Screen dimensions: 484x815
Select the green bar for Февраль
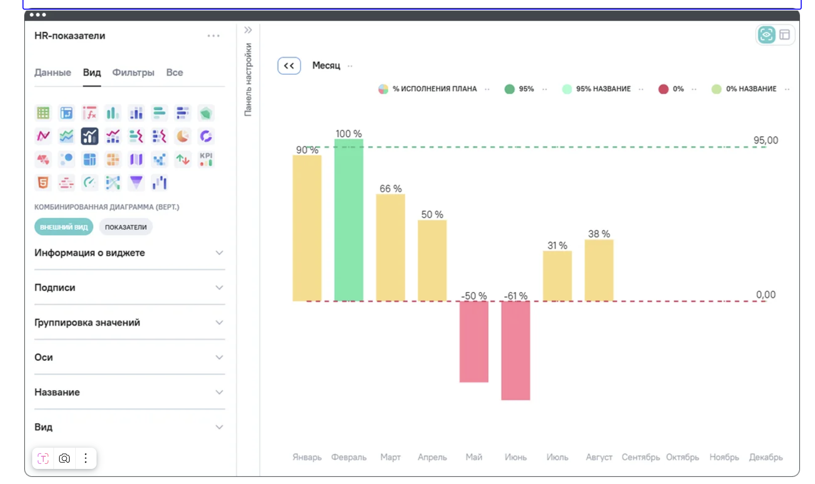click(349, 220)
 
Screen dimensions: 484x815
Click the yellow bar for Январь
click(307, 228)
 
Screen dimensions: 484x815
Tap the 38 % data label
click(599, 234)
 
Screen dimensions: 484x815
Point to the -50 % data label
click(474, 296)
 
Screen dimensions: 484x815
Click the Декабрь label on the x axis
click(765, 457)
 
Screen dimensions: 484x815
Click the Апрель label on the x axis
click(432, 457)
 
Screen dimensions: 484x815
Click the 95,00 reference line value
click(765, 140)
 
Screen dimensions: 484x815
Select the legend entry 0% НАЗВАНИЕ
click(751, 89)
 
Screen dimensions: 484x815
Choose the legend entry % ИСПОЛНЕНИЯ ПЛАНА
click(434, 89)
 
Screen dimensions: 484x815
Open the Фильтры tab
click(133, 73)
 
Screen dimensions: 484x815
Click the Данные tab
click(53, 73)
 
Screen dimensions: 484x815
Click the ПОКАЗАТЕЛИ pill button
click(125, 227)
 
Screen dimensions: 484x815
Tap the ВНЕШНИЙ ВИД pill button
click(64, 227)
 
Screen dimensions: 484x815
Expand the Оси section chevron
click(219, 357)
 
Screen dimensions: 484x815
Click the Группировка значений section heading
click(87, 323)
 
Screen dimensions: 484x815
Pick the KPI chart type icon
click(206, 159)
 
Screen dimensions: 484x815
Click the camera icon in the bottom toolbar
click(64, 459)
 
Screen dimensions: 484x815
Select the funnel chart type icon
click(136, 182)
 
